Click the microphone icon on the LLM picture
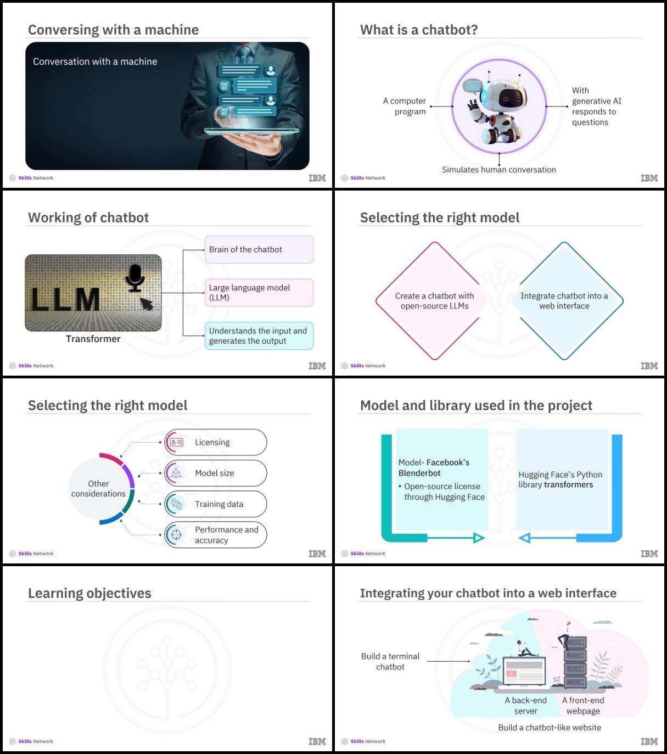[x=134, y=278]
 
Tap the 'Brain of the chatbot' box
[x=259, y=249]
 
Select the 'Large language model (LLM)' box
[x=259, y=293]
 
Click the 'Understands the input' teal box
[x=259, y=336]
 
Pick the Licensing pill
[x=216, y=442]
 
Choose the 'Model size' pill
[x=216, y=473]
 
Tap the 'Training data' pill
[x=216, y=504]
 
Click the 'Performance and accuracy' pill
[x=216, y=535]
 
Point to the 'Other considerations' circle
[x=98, y=489]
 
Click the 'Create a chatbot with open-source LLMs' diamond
[x=434, y=301]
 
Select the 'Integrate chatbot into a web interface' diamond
[x=564, y=301]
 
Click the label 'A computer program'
[x=405, y=106]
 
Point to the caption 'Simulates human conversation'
[x=499, y=170]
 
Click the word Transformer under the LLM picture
[x=93, y=339]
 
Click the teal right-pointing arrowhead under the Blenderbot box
[x=479, y=538]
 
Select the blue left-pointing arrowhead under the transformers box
[x=524, y=538]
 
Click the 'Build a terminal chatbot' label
[x=390, y=661]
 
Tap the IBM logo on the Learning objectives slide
[x=317, y=741]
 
